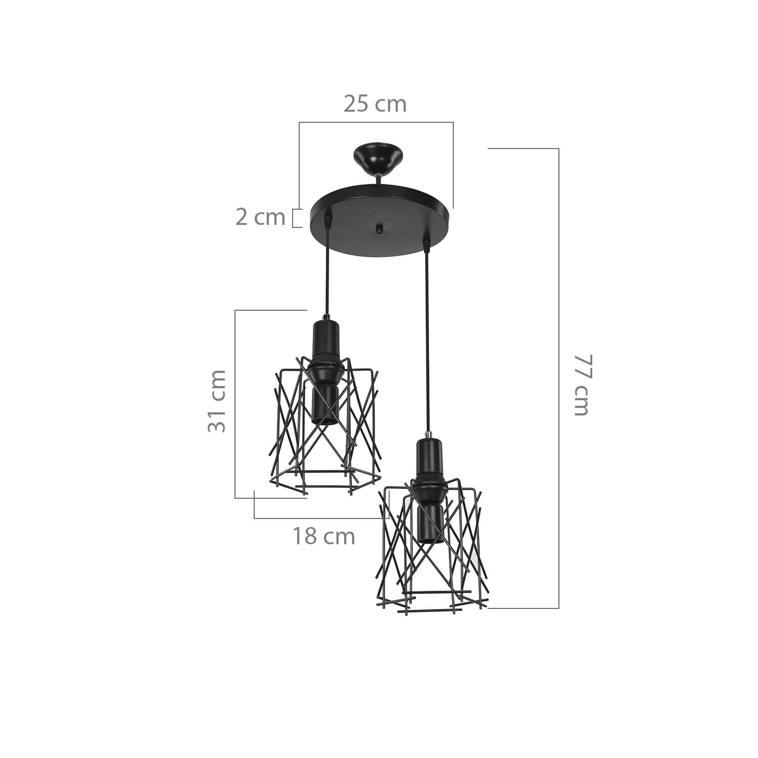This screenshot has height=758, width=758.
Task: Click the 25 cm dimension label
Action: click(x=375, y=104)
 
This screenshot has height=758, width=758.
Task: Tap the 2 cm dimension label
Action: click(x=260, y=217)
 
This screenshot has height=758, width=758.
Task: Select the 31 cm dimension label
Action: click(x=217, y=400)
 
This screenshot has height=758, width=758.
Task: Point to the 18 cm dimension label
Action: click(x=324, y=536)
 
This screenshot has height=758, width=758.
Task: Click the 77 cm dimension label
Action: click(x=581, y=385)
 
